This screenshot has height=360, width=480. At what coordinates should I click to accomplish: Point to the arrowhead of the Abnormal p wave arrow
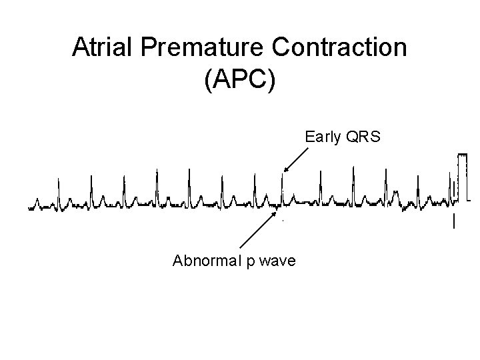pos(275,210)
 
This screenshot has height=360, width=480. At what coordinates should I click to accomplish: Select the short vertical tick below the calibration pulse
pos(454,221)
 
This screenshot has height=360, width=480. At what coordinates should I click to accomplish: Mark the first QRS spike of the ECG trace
pos(58,181)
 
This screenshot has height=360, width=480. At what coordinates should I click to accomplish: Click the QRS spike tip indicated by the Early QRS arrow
pos(282,175)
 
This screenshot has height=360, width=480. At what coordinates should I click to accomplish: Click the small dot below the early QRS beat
pos(283,220)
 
